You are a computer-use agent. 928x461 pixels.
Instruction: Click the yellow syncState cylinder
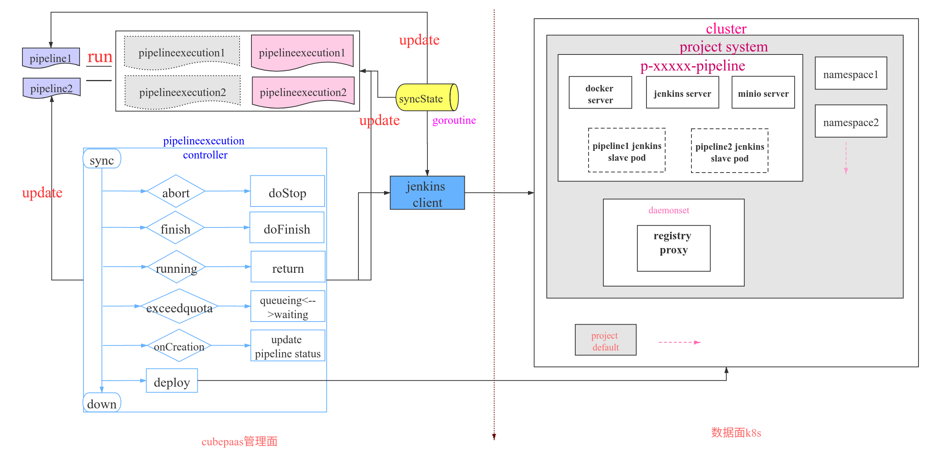point(427,98)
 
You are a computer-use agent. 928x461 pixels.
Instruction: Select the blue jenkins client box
point(427,193)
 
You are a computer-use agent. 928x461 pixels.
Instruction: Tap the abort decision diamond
point(176,191)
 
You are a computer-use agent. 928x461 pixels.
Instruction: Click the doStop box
point(287,191)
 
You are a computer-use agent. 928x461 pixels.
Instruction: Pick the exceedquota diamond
point(179,306)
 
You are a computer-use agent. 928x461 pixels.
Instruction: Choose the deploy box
point(172,381)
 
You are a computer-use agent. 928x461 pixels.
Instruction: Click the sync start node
point(102,159)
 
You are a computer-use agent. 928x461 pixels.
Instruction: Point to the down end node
point(102,402)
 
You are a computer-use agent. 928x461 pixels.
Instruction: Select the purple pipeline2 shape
point(51,88)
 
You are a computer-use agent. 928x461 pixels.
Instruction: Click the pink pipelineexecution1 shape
point(302,52)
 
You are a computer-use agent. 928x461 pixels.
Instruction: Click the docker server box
point(600,93)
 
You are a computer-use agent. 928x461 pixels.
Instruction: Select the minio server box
point(763,93)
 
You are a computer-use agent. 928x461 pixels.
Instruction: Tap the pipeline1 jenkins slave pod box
point(627,150)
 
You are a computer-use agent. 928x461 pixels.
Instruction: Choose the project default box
point(605,340)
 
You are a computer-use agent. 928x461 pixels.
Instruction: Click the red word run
point(100,57)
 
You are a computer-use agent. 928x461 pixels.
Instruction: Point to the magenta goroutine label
point(454,120)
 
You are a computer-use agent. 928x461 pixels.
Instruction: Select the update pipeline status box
point(288,346)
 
